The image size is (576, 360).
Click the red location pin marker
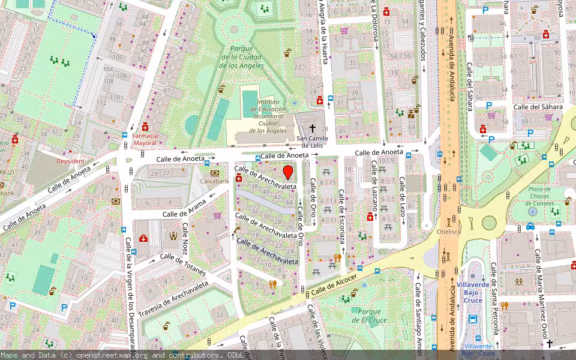[x=288, y=173]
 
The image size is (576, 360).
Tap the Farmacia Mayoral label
[x=145, y=140]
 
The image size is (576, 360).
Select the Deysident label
[x=70, y=161]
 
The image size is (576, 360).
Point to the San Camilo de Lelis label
[x=312, y=142]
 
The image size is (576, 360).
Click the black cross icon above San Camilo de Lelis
[x=311, y=128]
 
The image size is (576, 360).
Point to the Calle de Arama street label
[x=184, y=209]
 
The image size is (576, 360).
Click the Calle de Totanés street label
[x=183, y=265]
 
